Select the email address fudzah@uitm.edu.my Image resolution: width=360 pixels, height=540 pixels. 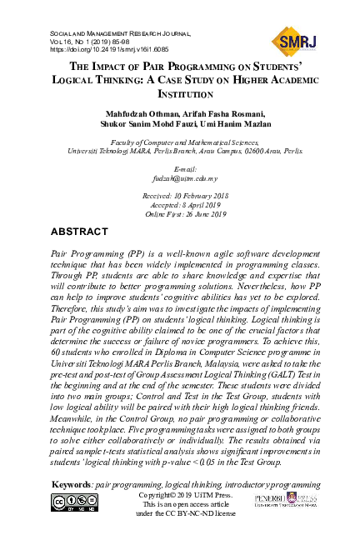(x=179, y=178)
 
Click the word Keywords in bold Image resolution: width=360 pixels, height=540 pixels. (x=72, y=485)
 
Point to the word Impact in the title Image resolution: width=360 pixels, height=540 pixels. (x=116, y=65)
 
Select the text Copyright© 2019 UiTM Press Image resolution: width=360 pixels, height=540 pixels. (x=180, y=495)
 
